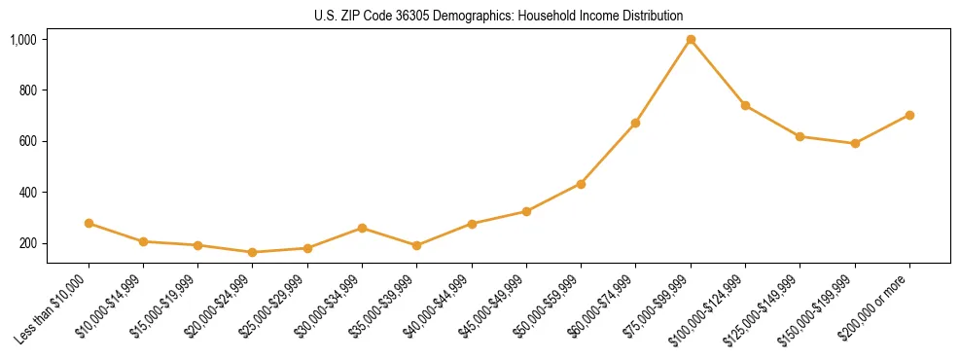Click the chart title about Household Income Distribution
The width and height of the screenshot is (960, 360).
pyautogui.click(x=498, y=16)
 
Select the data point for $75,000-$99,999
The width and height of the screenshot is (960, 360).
pyautogui.click(x=691, y=40)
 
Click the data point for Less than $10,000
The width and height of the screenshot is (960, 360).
pyautogui.click(x=89, y=224)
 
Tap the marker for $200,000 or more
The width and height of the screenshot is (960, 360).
pyautogui.click(x=909, y=115)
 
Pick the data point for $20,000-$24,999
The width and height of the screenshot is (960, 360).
pyautogui.click(x=253, y=252)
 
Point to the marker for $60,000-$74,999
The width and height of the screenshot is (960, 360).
pyautogui.click(x=635, y=124)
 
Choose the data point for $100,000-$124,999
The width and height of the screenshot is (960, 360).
pyautogui.click(x=745, y=105)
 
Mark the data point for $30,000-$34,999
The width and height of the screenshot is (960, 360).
pyautogui.click(x=362, y=229)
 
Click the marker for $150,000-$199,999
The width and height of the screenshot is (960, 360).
pyautogui.click(x=855, y=143)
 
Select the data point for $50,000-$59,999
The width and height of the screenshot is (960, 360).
pyautogui.click(x=581, y=184)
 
